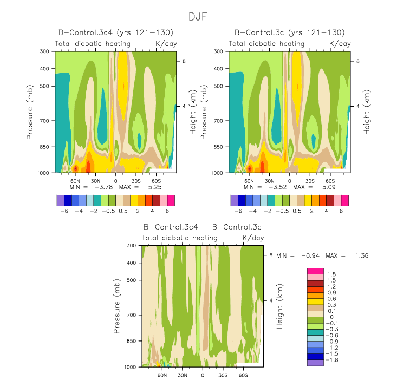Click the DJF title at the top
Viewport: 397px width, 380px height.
click(198, 17)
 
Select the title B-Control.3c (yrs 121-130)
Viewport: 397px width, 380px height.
click(289, 33)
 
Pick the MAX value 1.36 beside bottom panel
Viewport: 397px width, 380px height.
click(361, 255)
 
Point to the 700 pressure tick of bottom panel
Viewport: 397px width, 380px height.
click(132, 315)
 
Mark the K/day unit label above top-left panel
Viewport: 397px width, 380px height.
click(165, 43)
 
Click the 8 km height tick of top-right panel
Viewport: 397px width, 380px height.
click(357, 61)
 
